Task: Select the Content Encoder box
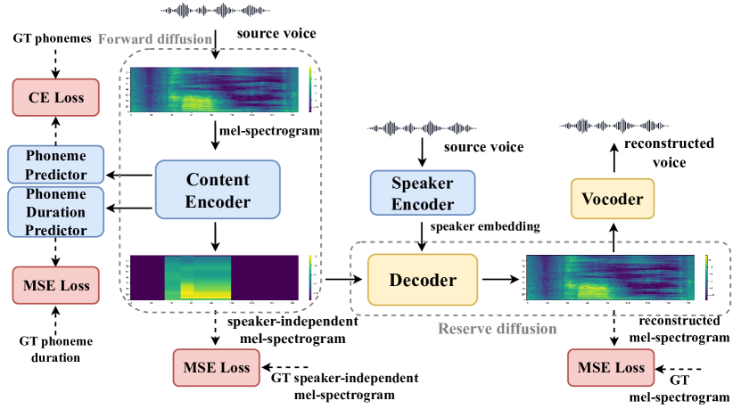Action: tap(218, 190)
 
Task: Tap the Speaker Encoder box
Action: tap(423, 193)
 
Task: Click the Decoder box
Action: tap(423, 280)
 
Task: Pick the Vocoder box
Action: tap(613, 199)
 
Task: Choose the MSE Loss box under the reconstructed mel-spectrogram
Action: tap(612, 367)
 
